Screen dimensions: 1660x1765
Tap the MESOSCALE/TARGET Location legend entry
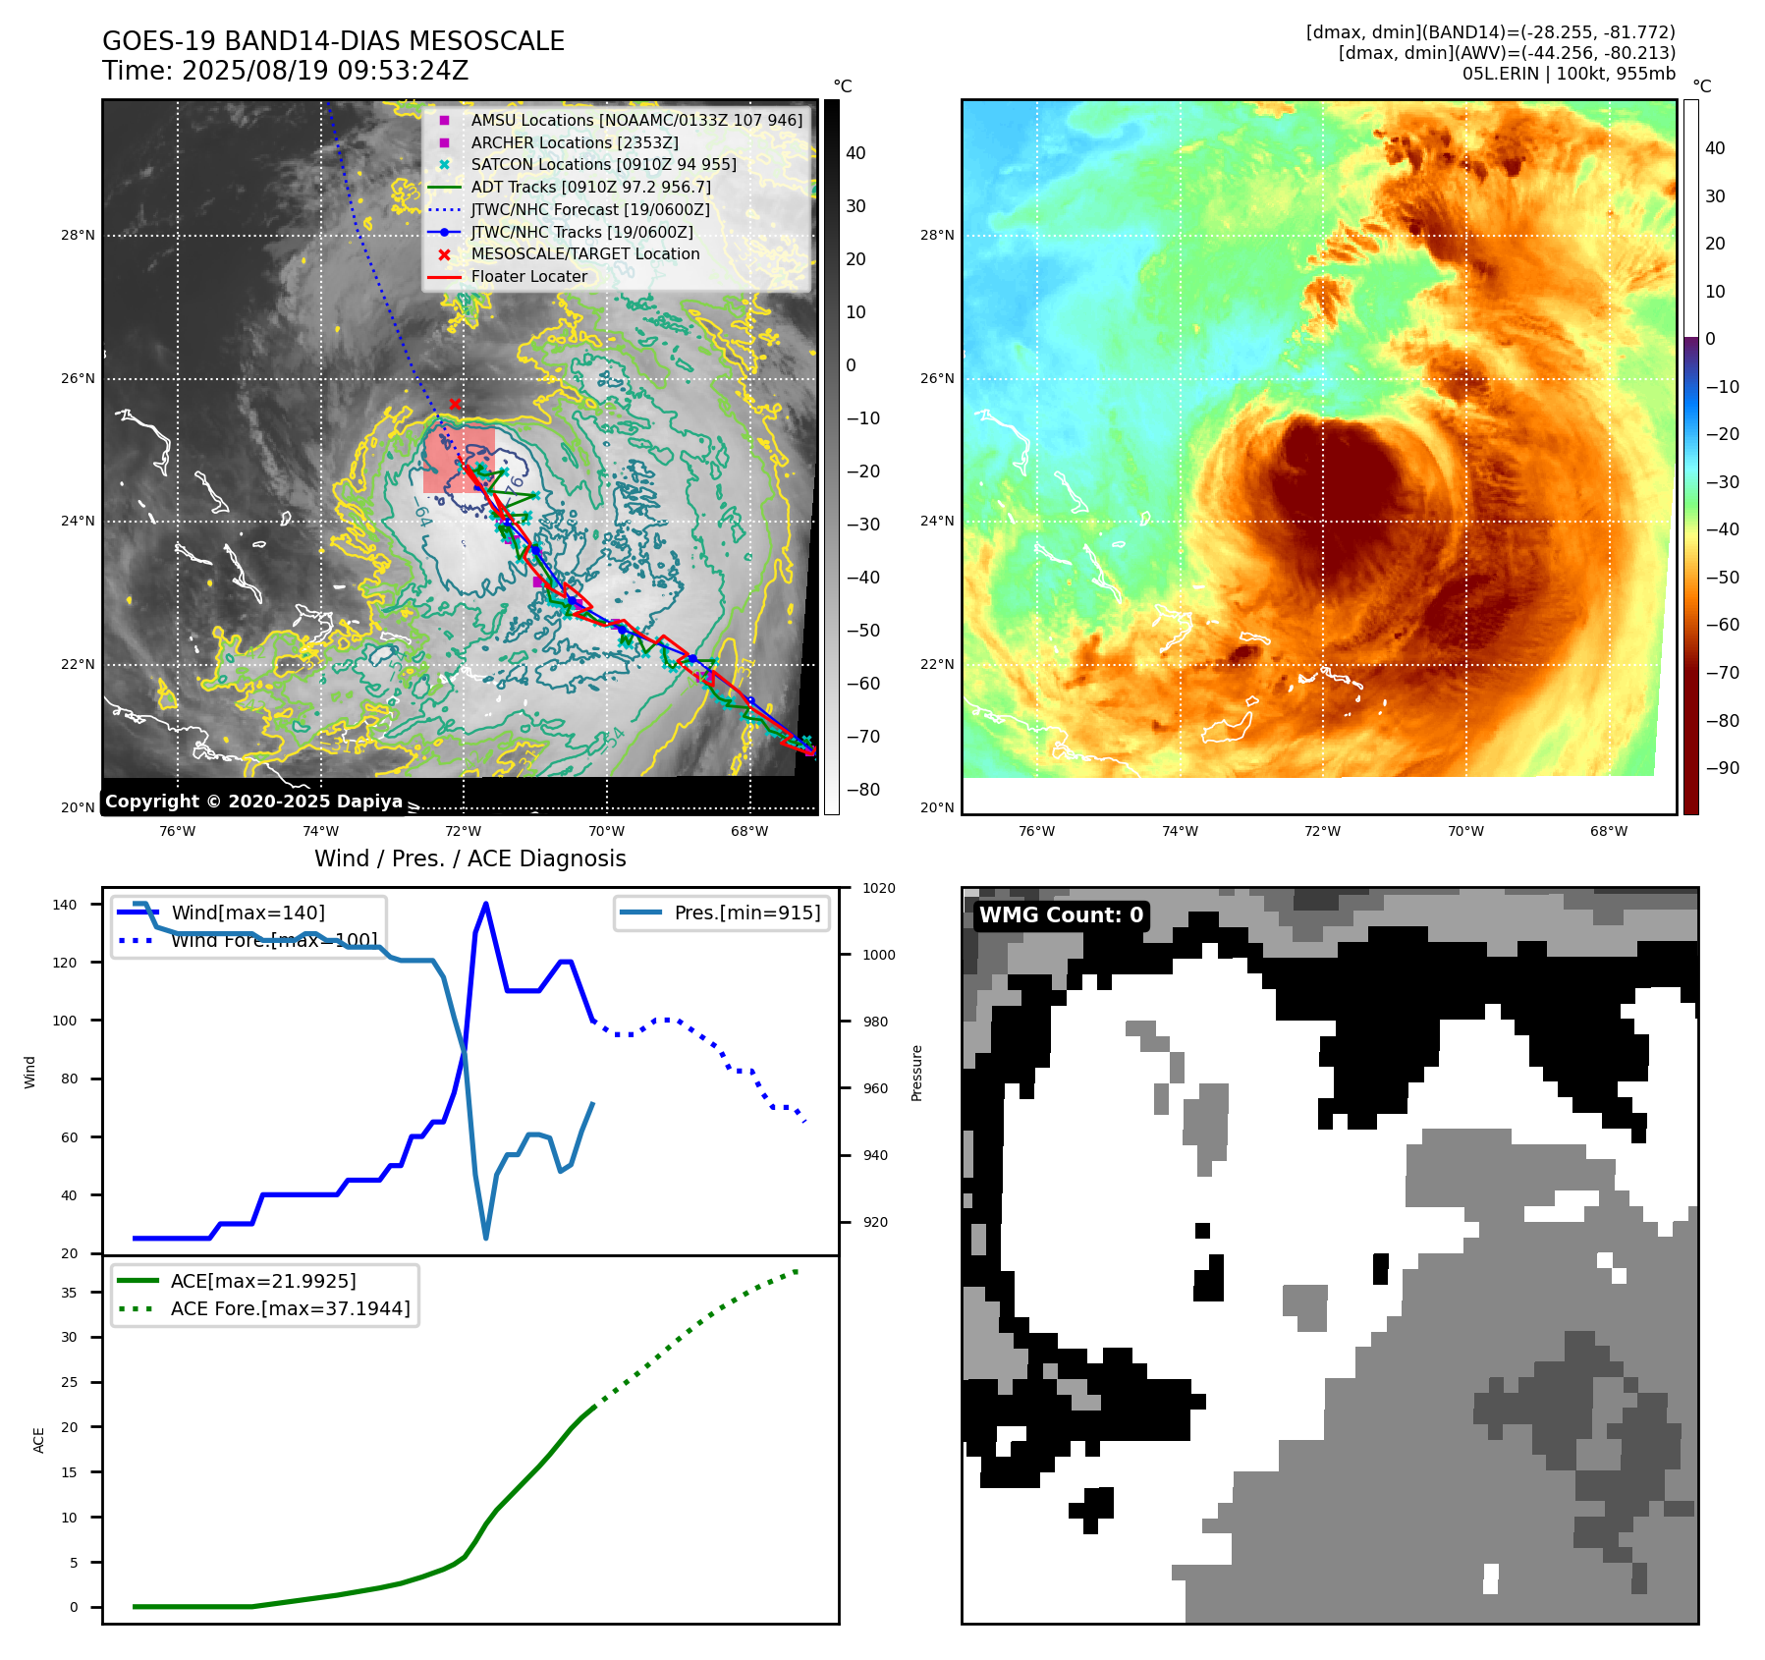click(584, 253)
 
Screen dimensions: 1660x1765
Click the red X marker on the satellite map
click(455, 404)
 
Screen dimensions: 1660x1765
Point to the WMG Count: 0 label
click(1061, 914)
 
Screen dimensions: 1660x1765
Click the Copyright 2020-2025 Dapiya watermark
click(253, 801)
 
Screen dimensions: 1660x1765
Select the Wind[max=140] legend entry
click(248, 913)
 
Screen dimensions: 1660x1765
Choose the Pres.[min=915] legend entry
click(746, 913)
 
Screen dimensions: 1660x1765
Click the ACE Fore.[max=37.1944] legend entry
click(290, 1308)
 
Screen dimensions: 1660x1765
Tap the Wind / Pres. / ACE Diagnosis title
click(469, 858)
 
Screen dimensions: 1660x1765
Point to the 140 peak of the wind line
click(486, 905)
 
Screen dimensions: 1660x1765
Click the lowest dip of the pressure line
click(486, 1238)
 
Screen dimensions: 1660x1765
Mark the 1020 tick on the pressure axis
click(878, 888)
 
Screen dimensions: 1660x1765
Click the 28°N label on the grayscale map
click(79, 235)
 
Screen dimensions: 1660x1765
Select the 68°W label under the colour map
click(1608, 831)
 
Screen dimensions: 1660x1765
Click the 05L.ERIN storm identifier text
click(1499, 74)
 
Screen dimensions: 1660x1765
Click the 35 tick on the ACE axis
click(69, 1293)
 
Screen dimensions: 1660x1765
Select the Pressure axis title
click(916, 1073)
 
